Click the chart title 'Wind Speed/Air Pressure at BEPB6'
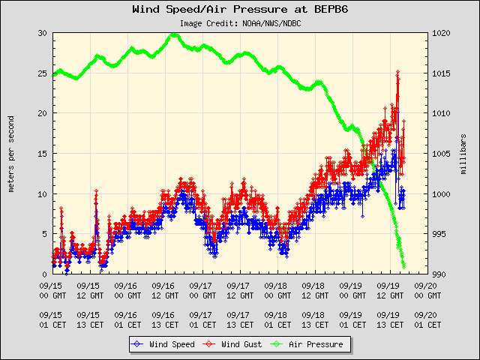click(239, 10)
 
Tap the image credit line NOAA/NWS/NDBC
click(239, 22)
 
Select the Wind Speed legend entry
click(160, 344)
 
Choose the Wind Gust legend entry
click(229, 344)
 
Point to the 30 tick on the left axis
click(43, 33)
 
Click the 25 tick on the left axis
click(43, 73)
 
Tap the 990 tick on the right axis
click(439, 274)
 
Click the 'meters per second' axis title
click(12, 154)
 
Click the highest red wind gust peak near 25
click(397, 72)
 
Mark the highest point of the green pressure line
click(173, 34)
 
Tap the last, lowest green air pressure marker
click(404, 266)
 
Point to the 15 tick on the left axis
click(43, 154)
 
